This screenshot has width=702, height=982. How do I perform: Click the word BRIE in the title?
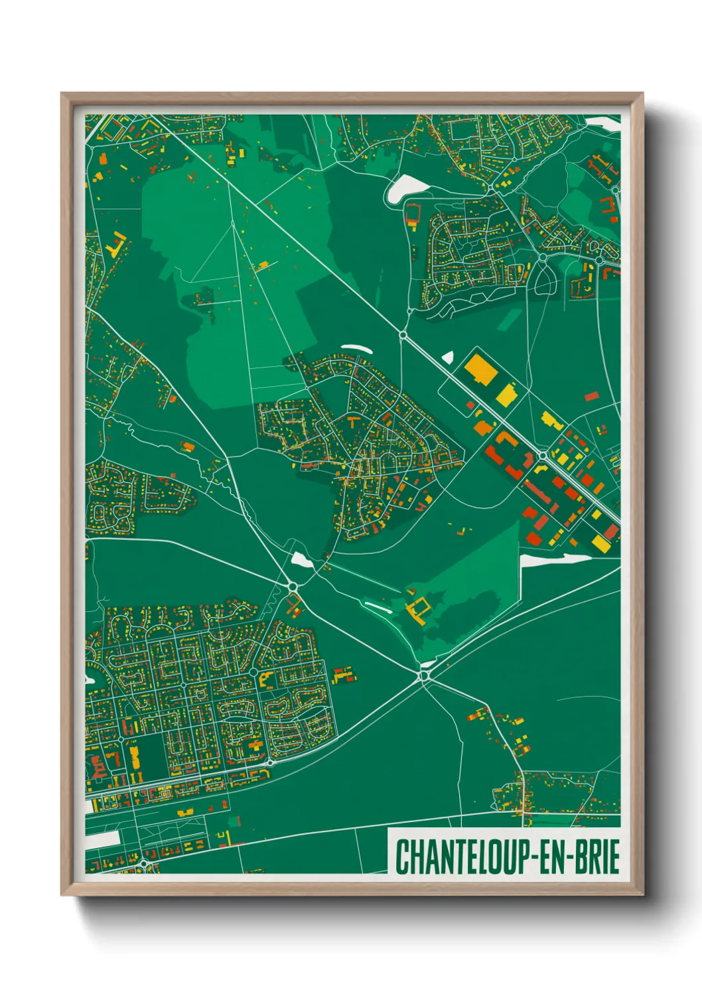pos(594,857)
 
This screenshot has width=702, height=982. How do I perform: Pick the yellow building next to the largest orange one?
pos(507,394)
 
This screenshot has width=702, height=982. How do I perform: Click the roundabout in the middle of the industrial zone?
pos(542,456)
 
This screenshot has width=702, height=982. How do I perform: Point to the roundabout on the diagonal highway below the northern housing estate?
pos(403,335)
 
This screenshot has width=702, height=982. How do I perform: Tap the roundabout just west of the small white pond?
pos(293,586)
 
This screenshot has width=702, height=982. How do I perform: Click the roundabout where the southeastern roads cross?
pos(424,675)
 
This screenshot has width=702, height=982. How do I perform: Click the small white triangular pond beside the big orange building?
pos(448,358)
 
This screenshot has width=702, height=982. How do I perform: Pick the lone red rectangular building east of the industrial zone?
pos(591,396)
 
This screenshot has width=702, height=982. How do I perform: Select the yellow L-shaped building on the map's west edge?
pos(117,244)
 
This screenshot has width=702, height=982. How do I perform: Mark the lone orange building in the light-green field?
pos(263,265)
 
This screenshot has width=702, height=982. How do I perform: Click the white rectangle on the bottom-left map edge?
pos(103,838)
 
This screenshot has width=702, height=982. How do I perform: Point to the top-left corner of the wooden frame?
pos(63,95)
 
